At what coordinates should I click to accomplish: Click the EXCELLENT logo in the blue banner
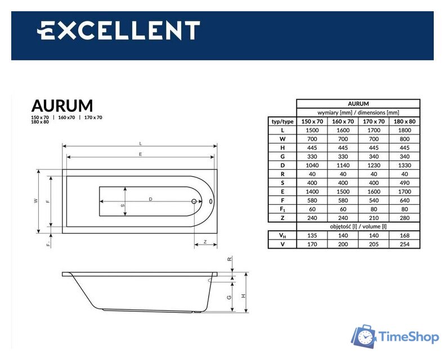(x=119, y=30)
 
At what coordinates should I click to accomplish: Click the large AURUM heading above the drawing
(x=62, y=106)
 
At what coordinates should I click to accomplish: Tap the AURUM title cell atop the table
(x=358, y=104)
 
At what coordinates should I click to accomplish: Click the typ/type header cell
(x=282, y=121)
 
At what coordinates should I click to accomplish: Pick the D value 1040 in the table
(x=312, y=165)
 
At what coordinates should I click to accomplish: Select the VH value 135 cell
(x=312, y=235)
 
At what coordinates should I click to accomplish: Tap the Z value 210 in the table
(x=374, y=218)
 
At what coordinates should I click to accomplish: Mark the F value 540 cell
(x=374, y=200)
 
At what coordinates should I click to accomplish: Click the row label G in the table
(x=282, y=156)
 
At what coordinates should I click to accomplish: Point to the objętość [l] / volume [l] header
(x=358, y=226)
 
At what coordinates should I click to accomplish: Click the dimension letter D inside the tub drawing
(x=151, y=199)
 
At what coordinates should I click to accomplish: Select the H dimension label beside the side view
(x=243, y=296)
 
